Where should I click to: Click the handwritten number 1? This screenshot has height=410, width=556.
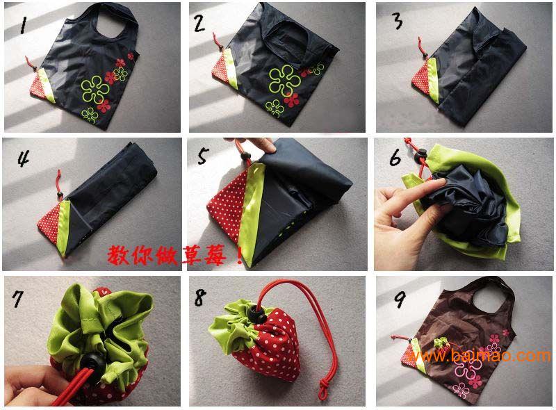(24, 26)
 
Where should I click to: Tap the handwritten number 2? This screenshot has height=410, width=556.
(199, 23)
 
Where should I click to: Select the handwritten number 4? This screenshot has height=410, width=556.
(24, 158)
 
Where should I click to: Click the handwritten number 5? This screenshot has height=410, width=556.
(203, 156)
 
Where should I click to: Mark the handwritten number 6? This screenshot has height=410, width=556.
(395, 157)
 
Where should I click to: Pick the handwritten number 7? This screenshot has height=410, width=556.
(18, 299)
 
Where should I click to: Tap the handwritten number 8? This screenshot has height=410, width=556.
(200, 297)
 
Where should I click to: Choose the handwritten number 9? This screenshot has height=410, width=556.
(400, 300)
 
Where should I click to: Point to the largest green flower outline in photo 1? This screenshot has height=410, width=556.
(95, 89)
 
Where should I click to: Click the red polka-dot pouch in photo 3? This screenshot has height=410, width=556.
(420, 80)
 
